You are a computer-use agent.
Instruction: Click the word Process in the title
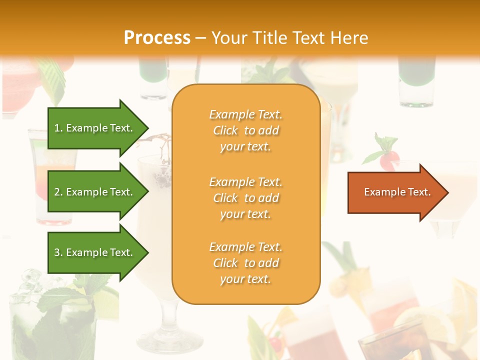(157, 38)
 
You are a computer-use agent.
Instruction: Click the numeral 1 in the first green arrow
(57, 128)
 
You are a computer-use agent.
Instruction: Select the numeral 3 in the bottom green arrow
(57, 252)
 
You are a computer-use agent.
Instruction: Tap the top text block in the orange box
(245, 130)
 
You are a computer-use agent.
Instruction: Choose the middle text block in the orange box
(245, 198)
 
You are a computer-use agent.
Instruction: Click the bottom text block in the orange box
(245, 263)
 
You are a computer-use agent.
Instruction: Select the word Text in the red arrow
(419, 192)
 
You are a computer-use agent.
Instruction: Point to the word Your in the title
(229, 38)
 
